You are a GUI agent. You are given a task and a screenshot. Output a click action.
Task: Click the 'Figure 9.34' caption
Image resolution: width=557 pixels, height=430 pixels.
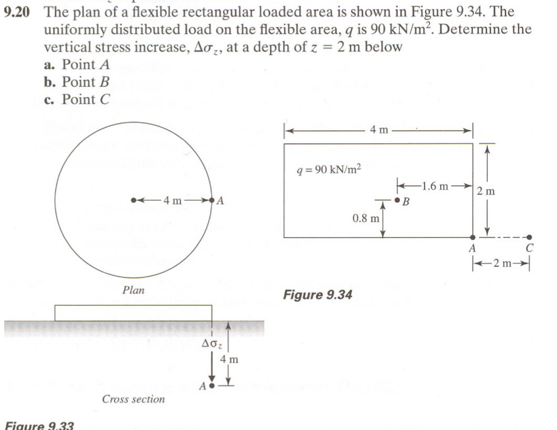pos(316,294)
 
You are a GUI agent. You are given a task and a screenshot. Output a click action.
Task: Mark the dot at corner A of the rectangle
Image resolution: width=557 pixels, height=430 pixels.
pos(473,237)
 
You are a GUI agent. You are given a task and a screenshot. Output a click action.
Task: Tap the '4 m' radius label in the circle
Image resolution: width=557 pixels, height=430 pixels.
pos(172,200)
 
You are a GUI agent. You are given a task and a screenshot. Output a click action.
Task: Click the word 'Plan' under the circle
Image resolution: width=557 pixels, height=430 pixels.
pos(133,290)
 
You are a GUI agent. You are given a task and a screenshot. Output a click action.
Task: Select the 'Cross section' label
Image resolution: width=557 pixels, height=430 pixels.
pos(133,400)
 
